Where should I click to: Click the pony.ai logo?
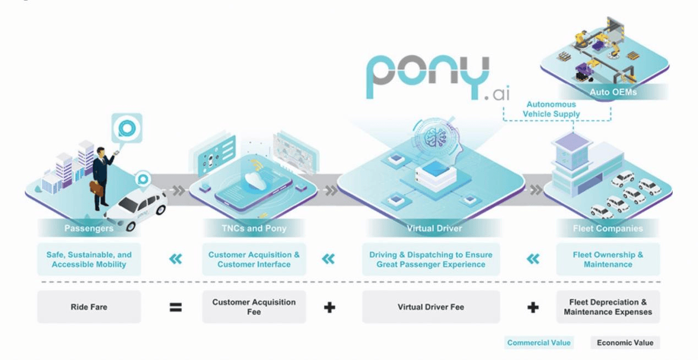(x=438, y=78)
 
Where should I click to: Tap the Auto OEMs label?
(x=613, y=92)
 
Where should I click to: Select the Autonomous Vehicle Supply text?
(x=551, y=109)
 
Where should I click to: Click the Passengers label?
(x=89, y=228)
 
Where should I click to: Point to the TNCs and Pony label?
(x=254, y=228)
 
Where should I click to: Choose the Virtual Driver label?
(x=434, y=228)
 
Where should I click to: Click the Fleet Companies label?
(x=608, y=228)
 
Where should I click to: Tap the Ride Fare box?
(x=89, y=307)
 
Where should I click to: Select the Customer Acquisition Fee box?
(x=254, y=307)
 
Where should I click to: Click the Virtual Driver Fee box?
(x=431, y=307)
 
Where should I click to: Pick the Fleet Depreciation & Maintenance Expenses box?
(x=608, y=307)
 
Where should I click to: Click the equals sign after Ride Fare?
(x=176, y=308)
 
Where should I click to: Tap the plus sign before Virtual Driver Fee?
(x=329, y=308)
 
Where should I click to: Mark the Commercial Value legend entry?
(x=539, y=342)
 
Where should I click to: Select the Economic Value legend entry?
(x=625, y=342)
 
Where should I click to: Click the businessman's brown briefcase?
(x=97, y=189)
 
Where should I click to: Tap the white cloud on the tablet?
(x=255, y=181)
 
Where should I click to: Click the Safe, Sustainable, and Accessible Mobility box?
(x=89, y=259)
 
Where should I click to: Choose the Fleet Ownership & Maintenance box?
(x=608, y=259)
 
